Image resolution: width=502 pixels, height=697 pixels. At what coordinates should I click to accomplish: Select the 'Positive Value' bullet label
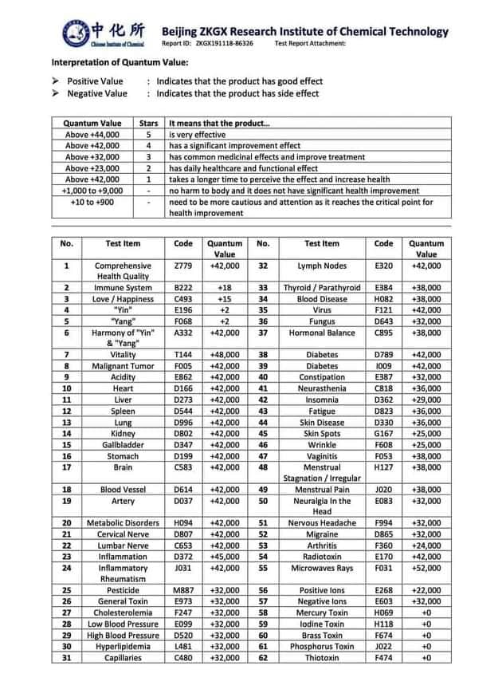(95, 81)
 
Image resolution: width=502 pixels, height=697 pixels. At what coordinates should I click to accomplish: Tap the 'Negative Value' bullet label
(96, 93)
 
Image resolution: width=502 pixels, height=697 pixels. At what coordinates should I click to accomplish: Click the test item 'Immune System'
(123, 287)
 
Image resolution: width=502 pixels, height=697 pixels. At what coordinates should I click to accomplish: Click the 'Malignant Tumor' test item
(123, 366)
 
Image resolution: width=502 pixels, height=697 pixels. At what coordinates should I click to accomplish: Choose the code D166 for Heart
(183, 388)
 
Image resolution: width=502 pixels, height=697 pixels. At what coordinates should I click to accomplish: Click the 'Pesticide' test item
(123, 590)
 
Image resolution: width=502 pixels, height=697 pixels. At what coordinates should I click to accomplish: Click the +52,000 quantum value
(426, 568)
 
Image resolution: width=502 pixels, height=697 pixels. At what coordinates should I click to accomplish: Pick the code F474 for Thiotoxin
(384, 658)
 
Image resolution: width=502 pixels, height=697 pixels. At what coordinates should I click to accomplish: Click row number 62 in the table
(263, 658)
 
